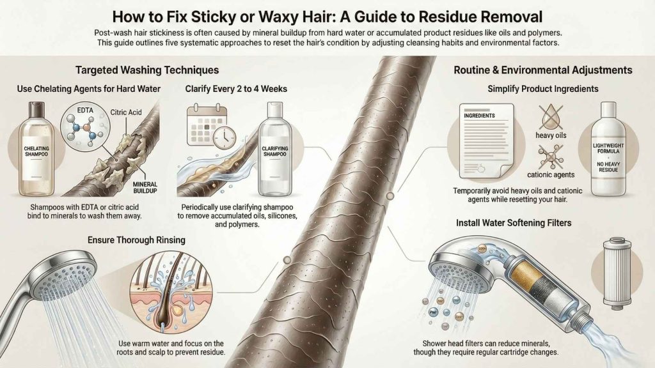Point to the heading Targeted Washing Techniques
pyautogui.click(x=148, y=70)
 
